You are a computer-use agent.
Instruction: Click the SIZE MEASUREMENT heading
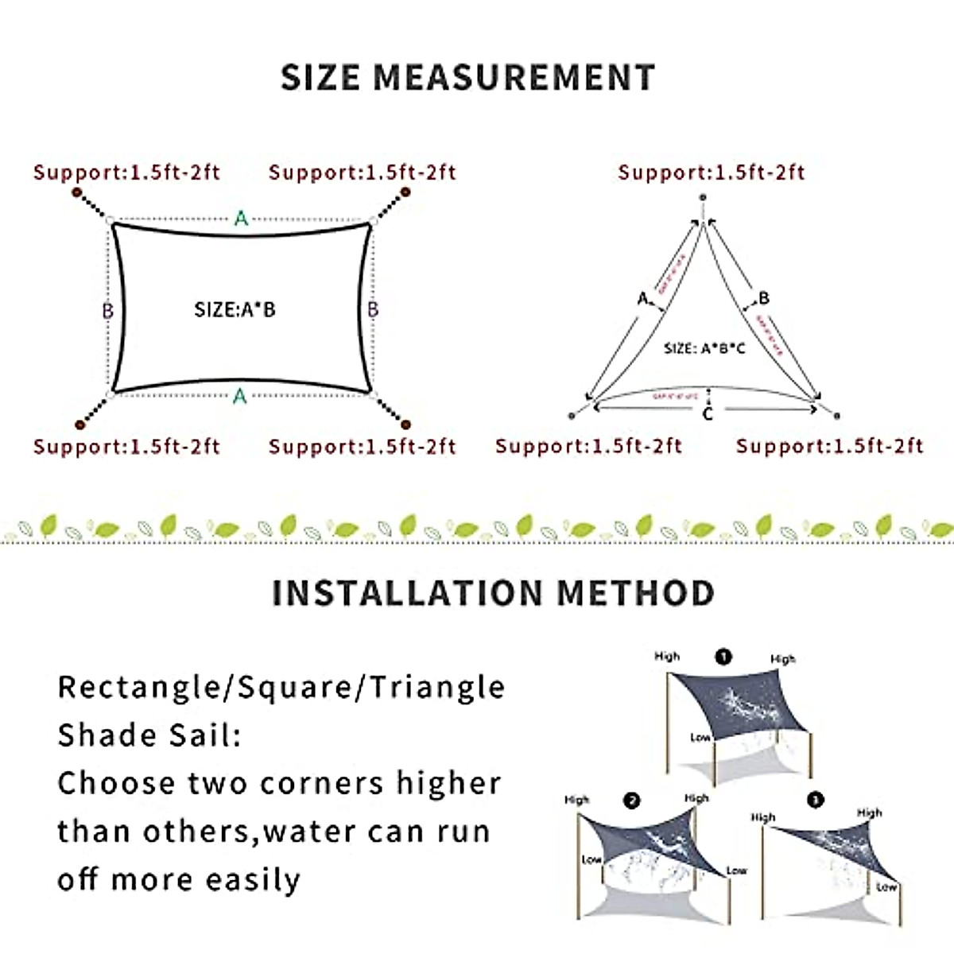[467, 77]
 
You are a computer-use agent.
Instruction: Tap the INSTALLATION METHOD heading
[493, 593]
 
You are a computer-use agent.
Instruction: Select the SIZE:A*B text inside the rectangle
[235, 309]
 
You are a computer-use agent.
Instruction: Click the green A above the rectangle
[241, 218]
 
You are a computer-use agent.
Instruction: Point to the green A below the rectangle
[240, 395]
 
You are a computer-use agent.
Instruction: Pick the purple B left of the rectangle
[107, 310]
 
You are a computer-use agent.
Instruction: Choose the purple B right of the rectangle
[373, 308]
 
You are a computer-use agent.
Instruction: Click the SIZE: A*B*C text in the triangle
[704, 348]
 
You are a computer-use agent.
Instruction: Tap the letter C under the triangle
[708, 413]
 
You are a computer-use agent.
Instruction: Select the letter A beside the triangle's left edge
[643, 299]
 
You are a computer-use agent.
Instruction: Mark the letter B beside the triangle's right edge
[764, 298]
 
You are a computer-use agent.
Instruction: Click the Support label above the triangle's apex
[712, 173]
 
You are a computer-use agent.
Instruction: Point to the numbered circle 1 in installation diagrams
[723, 657]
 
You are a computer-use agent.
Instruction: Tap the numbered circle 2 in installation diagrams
[632, 801]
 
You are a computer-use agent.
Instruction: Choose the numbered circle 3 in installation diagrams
[815, 800]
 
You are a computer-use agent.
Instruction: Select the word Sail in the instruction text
[202, 735]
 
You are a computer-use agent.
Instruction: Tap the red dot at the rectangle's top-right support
[405, 192]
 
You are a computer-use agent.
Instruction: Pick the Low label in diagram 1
[700, 738]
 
